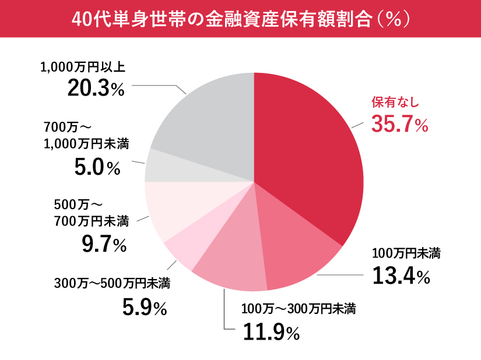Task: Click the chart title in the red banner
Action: [241, 19]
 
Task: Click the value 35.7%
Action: [399, 124]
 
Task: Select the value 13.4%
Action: [401, 276]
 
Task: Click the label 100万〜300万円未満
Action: [299, 308]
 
